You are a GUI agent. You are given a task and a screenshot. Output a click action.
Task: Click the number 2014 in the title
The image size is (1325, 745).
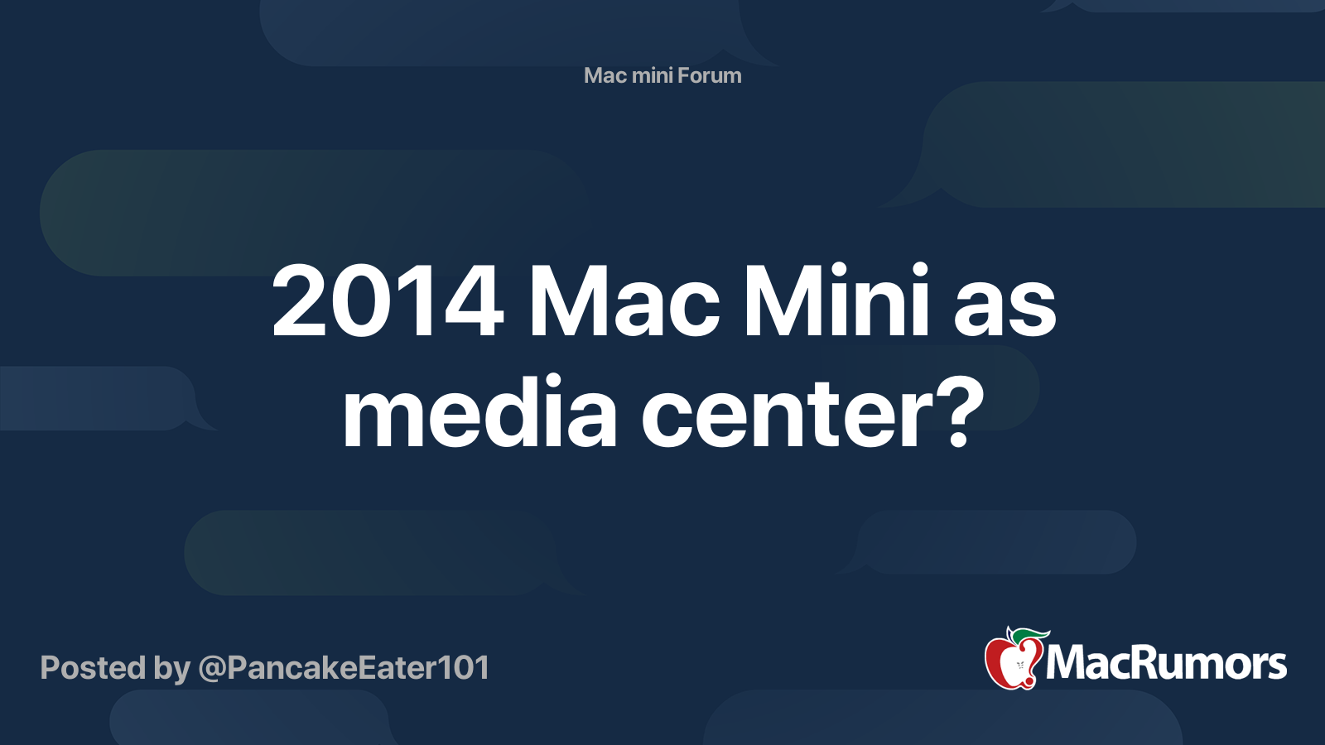coord(388,302)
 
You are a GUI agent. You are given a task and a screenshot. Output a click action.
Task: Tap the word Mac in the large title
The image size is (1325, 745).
coord(624,302)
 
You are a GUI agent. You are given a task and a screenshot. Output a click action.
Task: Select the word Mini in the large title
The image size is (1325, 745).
coord(836,302)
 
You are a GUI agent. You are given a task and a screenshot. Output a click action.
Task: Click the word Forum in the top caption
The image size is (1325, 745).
coord(710,75)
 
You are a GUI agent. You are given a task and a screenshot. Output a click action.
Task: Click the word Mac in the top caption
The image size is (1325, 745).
coord(605,75)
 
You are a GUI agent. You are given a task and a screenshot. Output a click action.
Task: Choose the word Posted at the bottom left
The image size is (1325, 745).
coord(93,668)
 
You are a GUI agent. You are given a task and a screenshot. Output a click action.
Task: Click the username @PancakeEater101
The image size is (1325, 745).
coord(344,668)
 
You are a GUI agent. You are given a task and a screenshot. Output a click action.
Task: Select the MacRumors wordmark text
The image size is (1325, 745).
coord(1166,664)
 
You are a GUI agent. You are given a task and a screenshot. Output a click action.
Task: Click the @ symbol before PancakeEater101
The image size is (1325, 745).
coord(211,669)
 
